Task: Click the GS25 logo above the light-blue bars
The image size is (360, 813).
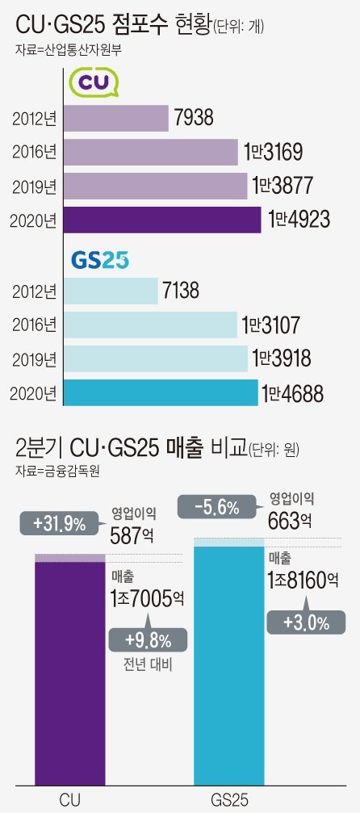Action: [x=100, y=261]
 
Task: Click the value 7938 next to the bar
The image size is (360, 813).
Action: [x=194, y=119]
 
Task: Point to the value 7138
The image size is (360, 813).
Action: [x=181, y=291]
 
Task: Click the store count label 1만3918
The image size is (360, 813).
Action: [x=283, y=359]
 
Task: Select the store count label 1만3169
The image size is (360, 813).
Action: [x=277, y=152]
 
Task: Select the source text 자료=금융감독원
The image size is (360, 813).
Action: [x=57, y=469]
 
